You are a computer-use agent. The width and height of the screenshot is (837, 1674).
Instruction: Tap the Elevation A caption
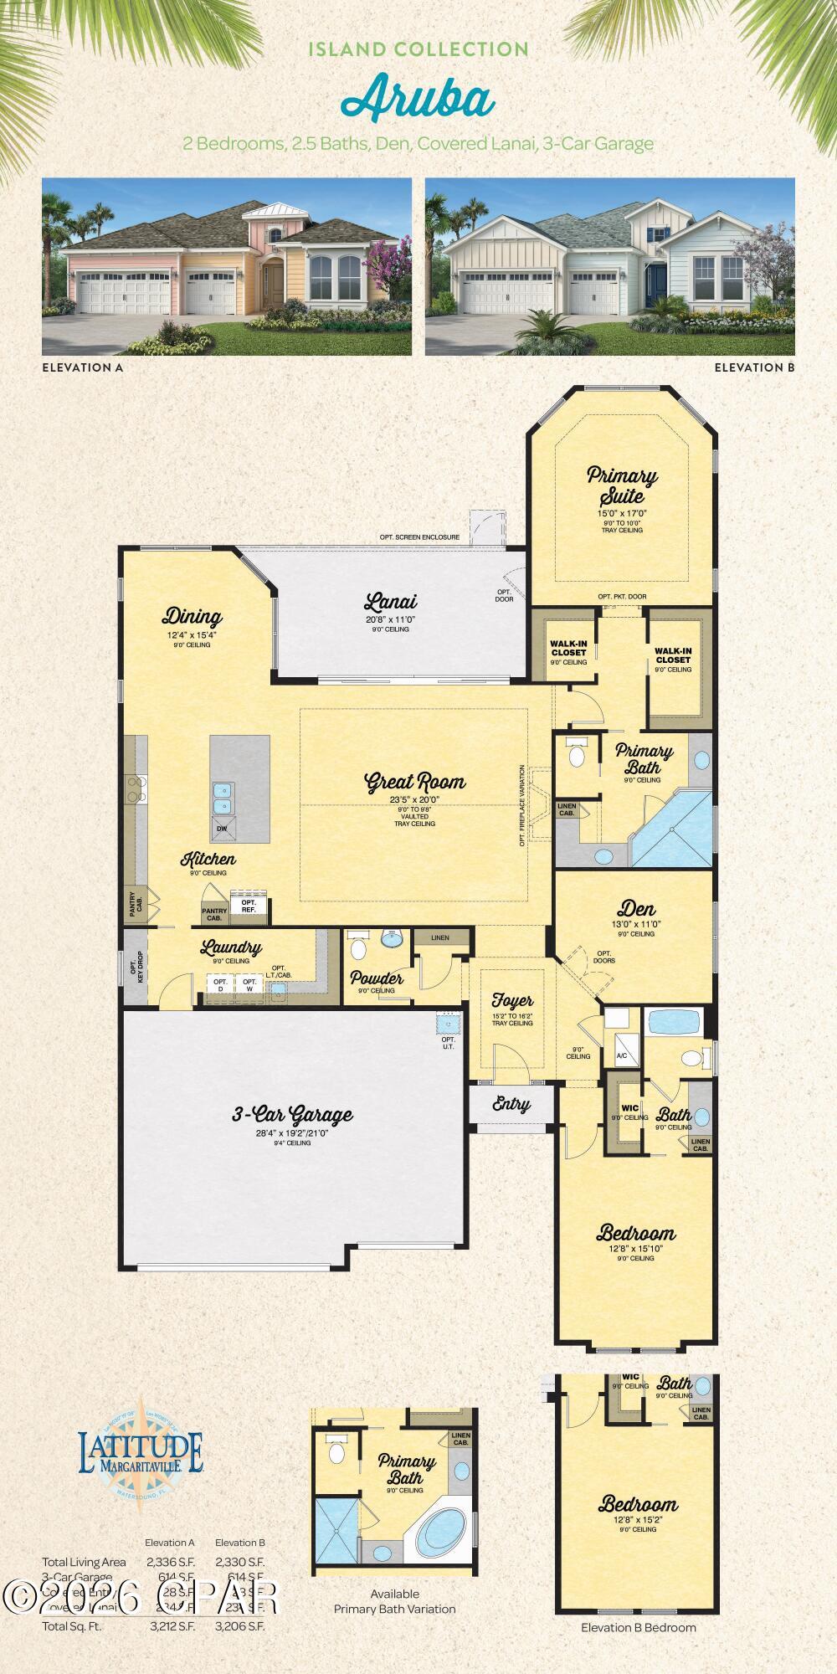coord(82,367)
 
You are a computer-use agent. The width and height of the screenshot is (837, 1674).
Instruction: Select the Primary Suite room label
coord(621,485)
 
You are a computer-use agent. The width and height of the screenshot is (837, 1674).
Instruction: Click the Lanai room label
coord(390,602)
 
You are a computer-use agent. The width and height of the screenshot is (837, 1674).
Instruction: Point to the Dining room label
coord(192,618)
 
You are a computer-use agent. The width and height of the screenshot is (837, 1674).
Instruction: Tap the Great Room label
coord(414,783)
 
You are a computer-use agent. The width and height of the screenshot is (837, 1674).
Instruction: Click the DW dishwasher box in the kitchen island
coord(222,829)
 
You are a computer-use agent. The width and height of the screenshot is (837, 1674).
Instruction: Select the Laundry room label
coord(230,948)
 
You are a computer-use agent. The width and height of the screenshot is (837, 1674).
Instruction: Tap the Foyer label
coord(512,1001)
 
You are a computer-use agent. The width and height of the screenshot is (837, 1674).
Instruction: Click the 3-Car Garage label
coord(292,1115)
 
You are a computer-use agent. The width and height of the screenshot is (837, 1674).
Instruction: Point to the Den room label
coord(636,909)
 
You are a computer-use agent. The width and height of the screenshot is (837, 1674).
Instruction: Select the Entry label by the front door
coord(511,1104)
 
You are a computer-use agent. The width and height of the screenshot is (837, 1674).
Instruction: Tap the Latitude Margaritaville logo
coord(140,1455)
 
